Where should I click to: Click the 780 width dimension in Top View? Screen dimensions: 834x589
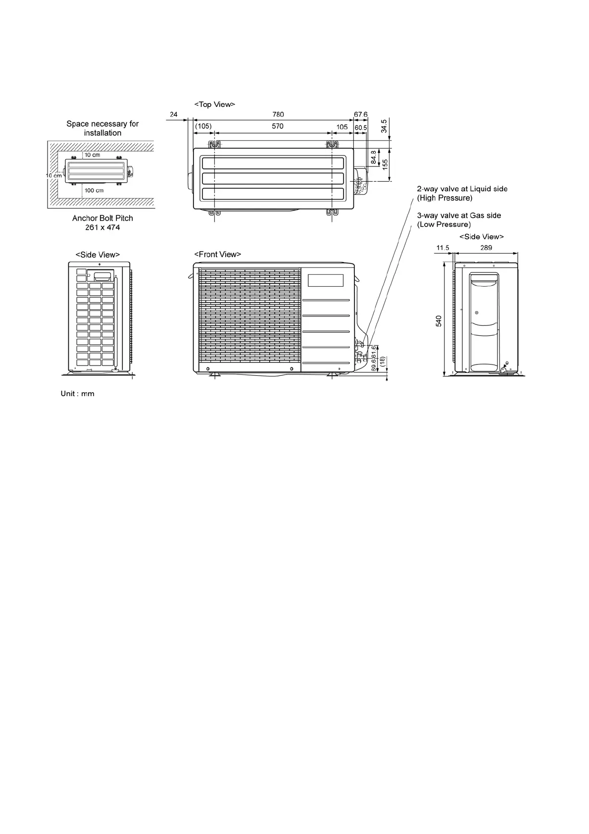[x=278, y=114]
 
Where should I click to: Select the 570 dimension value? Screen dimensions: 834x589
[x=278, y=126]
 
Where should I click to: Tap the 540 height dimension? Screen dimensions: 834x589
[x=439, y=321]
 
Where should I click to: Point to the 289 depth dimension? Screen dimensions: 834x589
[x=486, y=248]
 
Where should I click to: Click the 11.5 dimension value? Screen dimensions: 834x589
[x=442, y=248]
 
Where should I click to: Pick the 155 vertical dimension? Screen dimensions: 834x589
[x=385, y=164]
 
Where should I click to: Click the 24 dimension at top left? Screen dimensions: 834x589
[x=174, y=114]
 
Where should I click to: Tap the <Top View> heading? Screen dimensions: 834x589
[x=214, y=104]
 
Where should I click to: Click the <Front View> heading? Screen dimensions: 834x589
[x=217, y=255]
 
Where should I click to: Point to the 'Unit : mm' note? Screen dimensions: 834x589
[x=77, y=394]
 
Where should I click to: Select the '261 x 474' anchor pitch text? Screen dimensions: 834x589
[x=102, y=227]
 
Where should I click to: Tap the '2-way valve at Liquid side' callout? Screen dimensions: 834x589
[x=462, y=189]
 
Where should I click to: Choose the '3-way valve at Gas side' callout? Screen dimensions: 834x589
[x=459, y=215]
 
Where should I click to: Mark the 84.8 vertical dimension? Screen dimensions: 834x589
[x=374, y=158]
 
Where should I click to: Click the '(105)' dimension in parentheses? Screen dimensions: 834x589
[x=203, y=126]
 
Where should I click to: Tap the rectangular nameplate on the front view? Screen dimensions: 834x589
[x=326, y=280]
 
